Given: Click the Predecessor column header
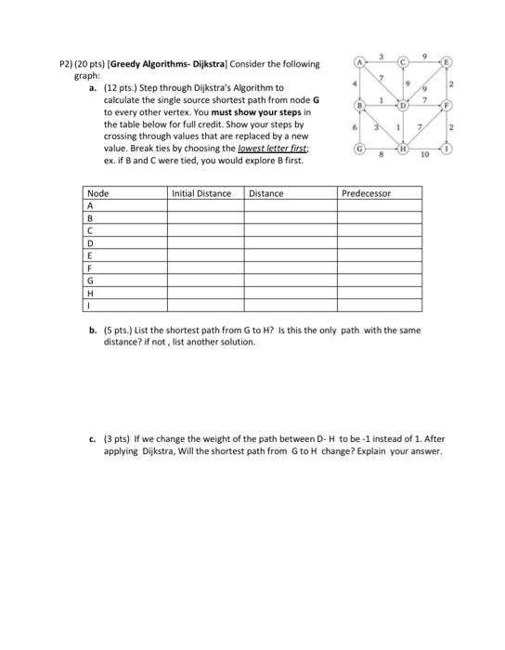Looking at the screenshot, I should click(367, 193).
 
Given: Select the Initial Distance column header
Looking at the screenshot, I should click(201, 193).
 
